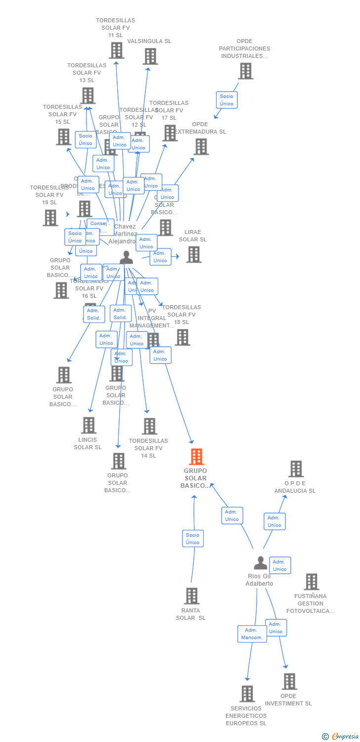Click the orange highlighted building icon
coord(197,457)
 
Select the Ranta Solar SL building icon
coord(192,596)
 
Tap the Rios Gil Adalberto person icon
coord(261,563)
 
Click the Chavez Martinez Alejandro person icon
coord(127,257)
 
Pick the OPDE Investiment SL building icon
coord(289,682)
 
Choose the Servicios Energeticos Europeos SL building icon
coord(247,694)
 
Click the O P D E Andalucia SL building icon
coord(296,469)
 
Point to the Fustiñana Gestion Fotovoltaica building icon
coord(311,582)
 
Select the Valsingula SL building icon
coord(150,56)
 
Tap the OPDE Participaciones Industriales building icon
coord(245,71)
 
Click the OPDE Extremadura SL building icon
coord(201,147)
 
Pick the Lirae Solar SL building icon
coord(193,254)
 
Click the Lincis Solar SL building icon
coord(89,425)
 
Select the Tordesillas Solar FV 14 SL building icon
coord(149,426)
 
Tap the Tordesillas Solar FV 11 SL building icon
coord(116,50)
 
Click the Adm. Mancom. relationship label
coord(252,634)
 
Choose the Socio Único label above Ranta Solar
coord(192,539)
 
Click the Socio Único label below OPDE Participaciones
coord(226,100)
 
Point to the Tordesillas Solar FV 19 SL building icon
coord(50,218)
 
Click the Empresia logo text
coord(344,737)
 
